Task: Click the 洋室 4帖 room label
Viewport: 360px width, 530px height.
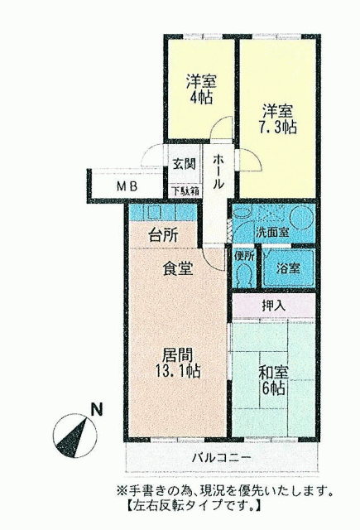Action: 201,89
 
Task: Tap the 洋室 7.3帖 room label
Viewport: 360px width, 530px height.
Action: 277,119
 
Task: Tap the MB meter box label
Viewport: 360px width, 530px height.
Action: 127,186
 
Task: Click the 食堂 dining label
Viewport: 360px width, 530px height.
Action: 178,268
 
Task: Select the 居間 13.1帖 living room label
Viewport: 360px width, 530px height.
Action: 178,363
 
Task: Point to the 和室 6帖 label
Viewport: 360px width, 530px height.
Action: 273,381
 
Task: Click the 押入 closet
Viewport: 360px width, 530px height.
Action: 274,306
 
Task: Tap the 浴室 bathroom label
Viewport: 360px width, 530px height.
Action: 288,268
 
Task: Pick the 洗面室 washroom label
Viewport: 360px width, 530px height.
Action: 271,233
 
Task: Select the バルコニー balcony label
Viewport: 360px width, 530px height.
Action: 222,458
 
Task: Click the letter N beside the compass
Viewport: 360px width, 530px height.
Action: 97,410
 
